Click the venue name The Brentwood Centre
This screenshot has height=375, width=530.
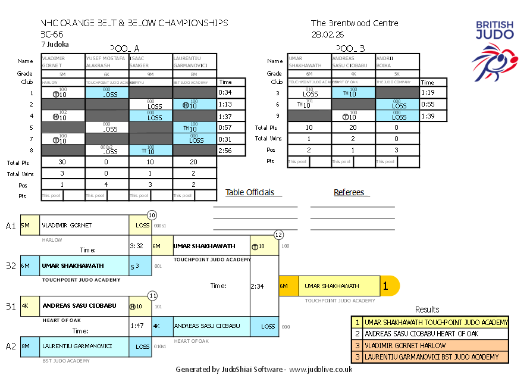coord(355,23)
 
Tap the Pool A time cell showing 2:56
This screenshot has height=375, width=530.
coord(225,151)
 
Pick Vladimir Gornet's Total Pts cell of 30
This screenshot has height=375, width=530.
coord(62,162)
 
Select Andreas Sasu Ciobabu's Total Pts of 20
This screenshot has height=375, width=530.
coord(353,127)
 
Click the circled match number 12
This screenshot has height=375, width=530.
coord(278,235)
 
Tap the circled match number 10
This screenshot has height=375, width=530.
coord(152,215)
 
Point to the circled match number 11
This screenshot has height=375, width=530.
coord(152,295)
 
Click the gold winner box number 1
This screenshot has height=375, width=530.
coord(385,286)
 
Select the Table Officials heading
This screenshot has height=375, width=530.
coord(250,192)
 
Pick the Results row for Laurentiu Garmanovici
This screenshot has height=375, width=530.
coord(429,357)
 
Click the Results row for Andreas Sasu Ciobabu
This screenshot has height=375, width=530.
coord(429,334)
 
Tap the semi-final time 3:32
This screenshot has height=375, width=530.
coord(136,245)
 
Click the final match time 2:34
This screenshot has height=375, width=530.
coord(257,286)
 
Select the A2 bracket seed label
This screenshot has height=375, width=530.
coord(11,346)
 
